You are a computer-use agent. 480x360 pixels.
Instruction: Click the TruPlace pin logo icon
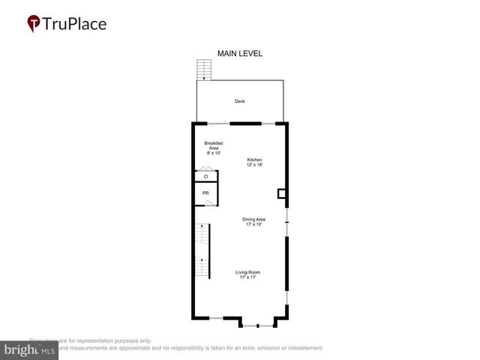point(33,23)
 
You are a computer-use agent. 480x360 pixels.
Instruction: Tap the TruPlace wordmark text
point(75,23)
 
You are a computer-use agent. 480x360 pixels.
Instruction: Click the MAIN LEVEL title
point(239,53)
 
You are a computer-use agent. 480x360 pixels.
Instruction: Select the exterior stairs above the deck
point(202,69)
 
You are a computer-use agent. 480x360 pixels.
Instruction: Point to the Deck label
point(239,101)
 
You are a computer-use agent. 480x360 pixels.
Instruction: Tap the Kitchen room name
point(255,159)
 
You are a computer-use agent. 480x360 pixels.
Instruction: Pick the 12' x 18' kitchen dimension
point(255,164)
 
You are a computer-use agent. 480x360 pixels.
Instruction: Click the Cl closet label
point(205,176)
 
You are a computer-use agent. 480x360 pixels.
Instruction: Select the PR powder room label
point(205,193)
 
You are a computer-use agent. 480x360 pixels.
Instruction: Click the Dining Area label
point(253,219)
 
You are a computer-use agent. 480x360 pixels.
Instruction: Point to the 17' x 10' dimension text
point(253,224)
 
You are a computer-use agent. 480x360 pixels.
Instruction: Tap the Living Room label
point(248,272)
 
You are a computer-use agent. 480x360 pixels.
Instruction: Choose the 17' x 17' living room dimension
point(248,277)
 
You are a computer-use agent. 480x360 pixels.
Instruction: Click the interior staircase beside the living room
point(202,251)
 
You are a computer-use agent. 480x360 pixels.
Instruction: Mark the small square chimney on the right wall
point(282,193)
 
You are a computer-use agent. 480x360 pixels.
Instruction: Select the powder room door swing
point(211,202)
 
